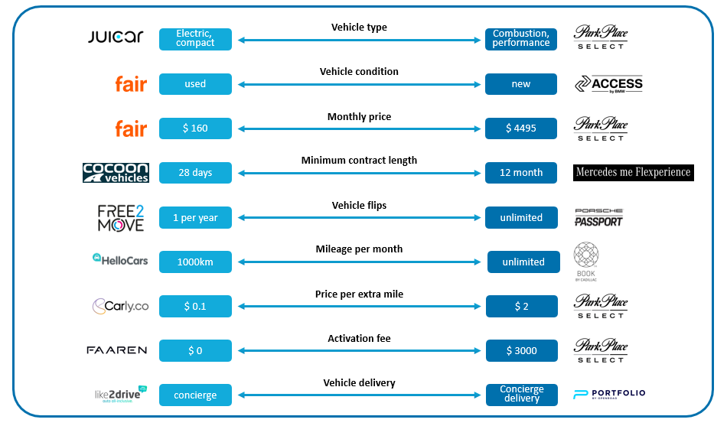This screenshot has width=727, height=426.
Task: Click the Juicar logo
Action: tap(116, 37)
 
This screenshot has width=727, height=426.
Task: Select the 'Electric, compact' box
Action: tap(195, 39)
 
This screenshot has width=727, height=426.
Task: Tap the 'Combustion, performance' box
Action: tap(520, 39)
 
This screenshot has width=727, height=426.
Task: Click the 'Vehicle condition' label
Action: tap(359, 72)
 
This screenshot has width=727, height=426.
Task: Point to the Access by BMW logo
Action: tap(608, 84)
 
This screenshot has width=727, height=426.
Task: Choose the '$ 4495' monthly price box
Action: tap(520, 128)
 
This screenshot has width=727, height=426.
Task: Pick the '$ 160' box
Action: tap(195, 128)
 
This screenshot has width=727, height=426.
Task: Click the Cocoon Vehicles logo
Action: tap(116, 173)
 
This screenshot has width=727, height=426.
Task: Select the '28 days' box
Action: tap(195, 173)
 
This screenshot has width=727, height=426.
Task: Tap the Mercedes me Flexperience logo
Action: tap(632, 172)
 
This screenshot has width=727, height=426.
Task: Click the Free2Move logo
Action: tap(120, 217)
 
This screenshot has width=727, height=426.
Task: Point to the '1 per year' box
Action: tap(195, 217)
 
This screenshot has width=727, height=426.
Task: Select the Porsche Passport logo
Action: tap(598, 217)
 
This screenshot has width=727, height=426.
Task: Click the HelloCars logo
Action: tap(119, 260)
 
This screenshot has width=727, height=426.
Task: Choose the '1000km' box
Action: tap(195, 262)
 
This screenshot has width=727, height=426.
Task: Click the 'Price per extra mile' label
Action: tap(359, 294)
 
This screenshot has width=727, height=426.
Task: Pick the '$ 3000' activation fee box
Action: tap(520, 351)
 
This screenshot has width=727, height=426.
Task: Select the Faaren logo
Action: tap(116, 350)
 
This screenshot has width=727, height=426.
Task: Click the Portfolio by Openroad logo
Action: tap(609, 395)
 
